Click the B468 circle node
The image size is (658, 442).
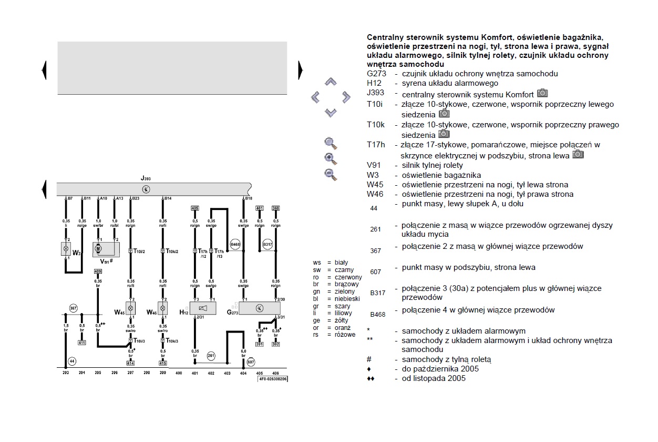click(x=235, y=244)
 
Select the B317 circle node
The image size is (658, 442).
click(x=268, y=244)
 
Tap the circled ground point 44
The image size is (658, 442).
click(x=73, y=361)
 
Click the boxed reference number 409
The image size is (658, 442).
click(x=98, y=272)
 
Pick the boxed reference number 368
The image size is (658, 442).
click(x=276, y=208)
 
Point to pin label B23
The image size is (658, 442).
click(x=135, y=198)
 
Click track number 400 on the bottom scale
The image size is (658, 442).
click(x=179, y=373)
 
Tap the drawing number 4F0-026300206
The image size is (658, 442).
click(x=273, y=379)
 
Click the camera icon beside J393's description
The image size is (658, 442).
click(x=542, y=94)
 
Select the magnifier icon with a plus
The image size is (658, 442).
click(x=330, y=158)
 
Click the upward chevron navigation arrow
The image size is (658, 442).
click(x=330, y=82)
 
